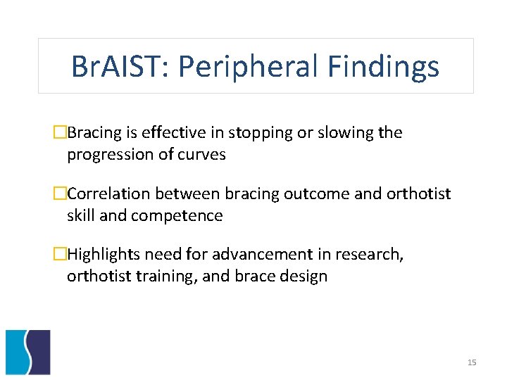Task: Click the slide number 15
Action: pyautogui.click(x=472, y=362)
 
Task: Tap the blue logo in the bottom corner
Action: pyautogui.click(x=28, y=352)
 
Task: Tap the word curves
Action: pyautogui.click(x=204, y=155)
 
